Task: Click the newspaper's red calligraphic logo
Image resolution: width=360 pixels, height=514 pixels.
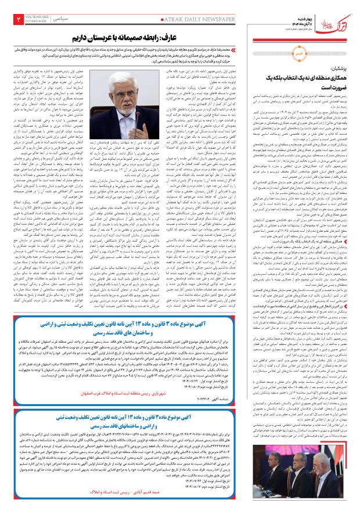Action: [x=337, y=18]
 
